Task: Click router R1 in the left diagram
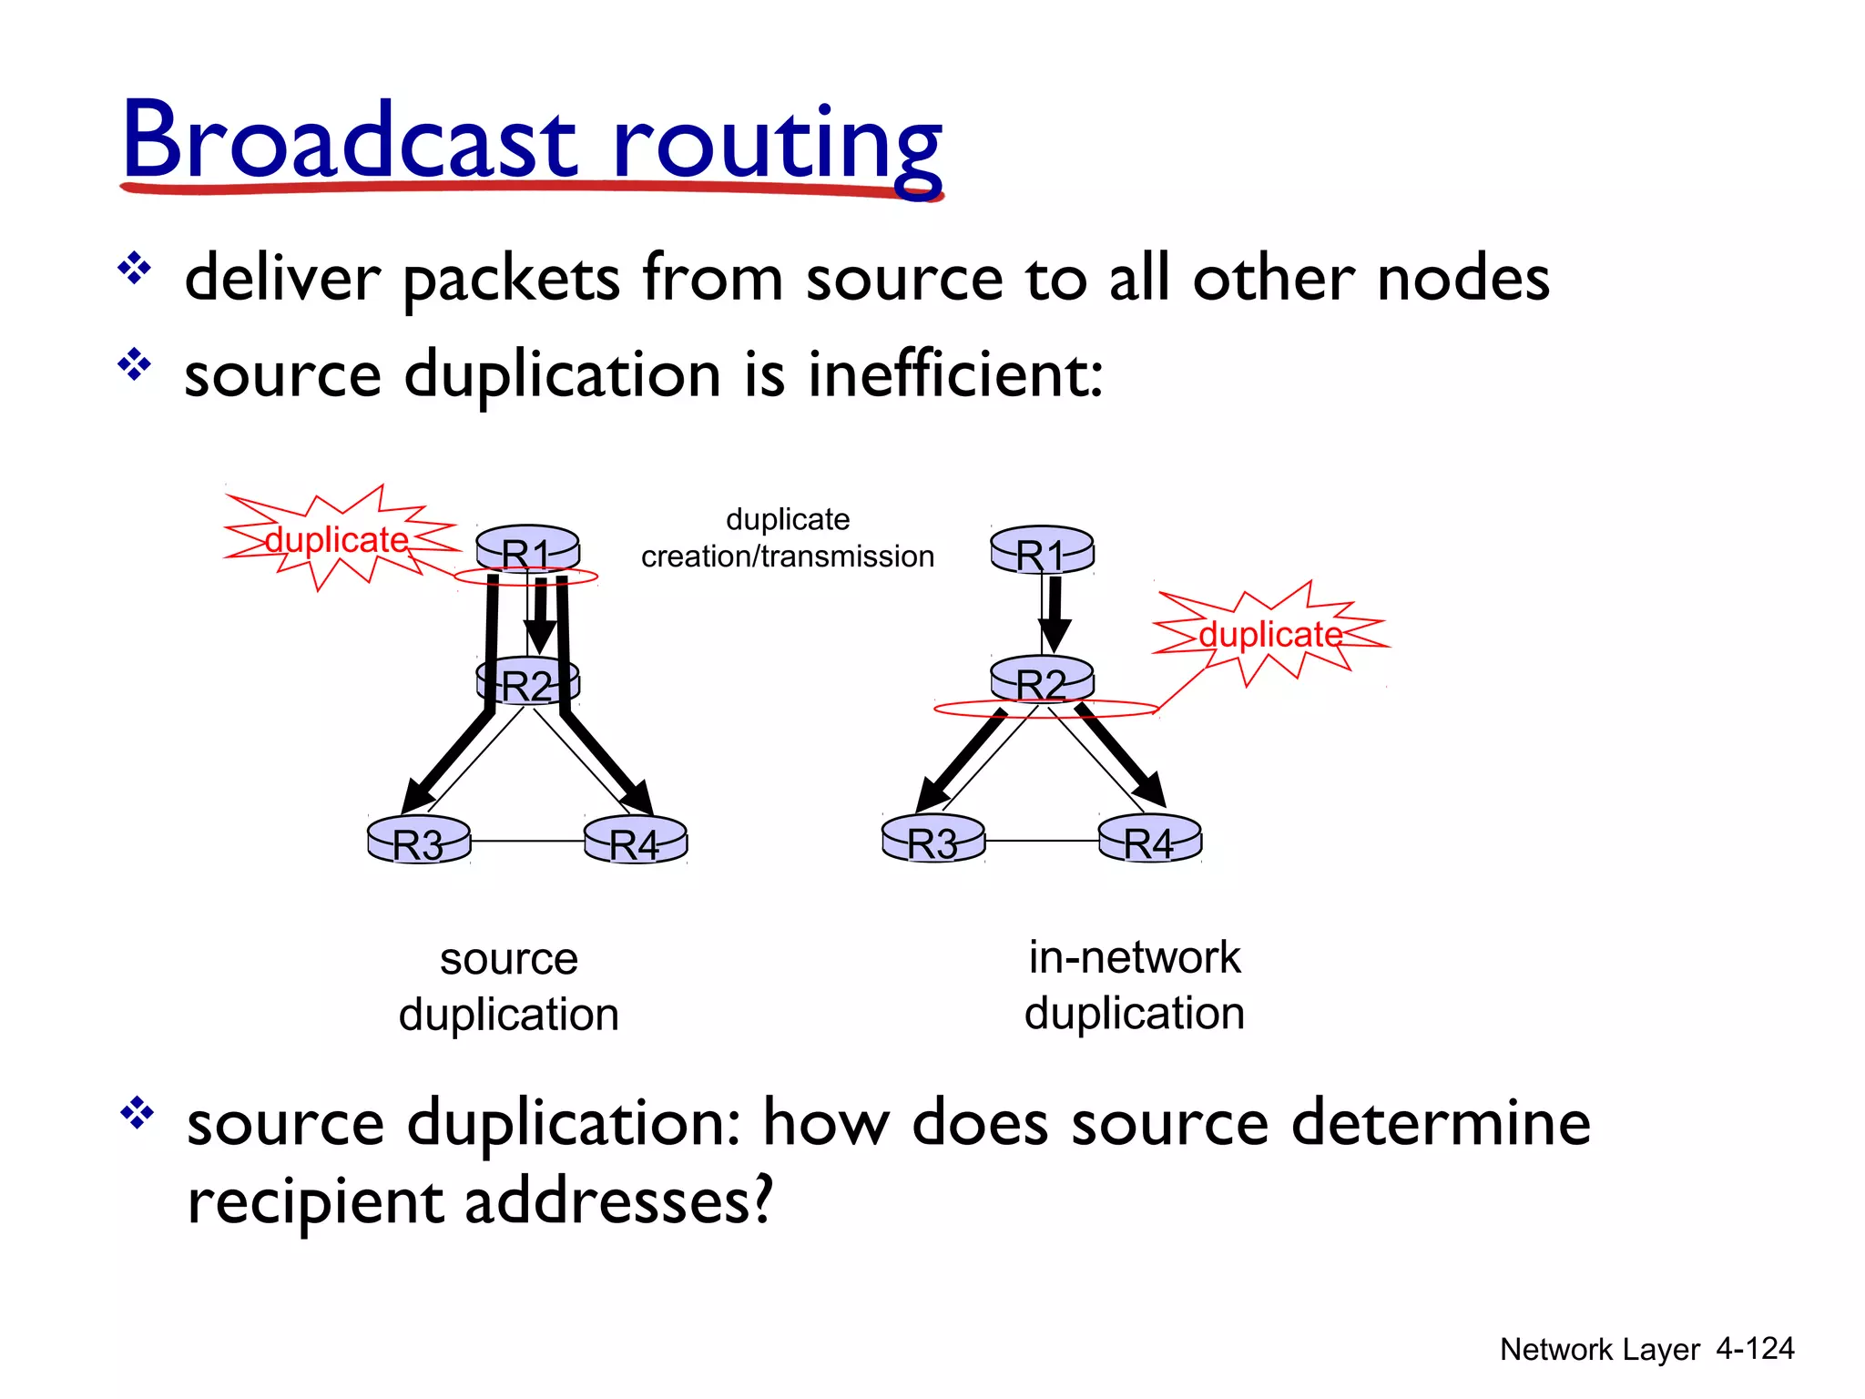click(528, 548)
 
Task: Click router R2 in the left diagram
click(528, 681)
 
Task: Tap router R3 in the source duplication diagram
click(419, 840)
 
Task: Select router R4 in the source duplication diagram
click(635, 840)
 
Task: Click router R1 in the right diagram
click(1042, 550)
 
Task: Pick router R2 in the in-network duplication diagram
click(1042, 679)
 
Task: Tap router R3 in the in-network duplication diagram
click(933, 839)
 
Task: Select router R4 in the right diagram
click(1149, 839)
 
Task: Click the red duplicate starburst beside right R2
click(1270, 634)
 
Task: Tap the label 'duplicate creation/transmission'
click(788, 537)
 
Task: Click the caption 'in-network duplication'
click(1135, 985)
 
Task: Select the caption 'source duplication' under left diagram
click(509, 986)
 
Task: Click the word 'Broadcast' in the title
click(351, 141)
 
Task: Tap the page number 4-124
click(1754, 1348)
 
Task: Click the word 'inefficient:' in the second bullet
click(956, 374)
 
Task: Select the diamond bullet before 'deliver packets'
click(135, 269)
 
